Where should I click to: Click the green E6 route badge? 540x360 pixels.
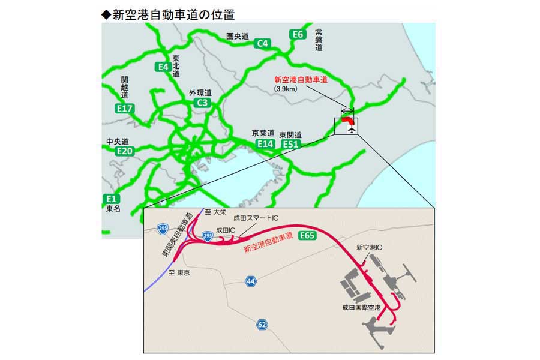(x=298, y=34)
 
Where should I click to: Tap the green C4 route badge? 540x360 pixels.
(x=263, y=44)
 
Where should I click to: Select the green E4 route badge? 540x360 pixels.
(x=162, y=67)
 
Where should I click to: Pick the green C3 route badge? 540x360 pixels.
(x=203, y=103)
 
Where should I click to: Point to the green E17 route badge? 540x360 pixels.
(x=125, y=109)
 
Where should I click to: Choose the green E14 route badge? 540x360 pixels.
(x=265, y=144)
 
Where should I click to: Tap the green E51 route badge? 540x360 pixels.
(x=291, y=144)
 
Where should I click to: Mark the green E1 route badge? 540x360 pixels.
(x=111, y=199)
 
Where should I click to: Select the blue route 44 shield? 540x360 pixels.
(x=250, y=281)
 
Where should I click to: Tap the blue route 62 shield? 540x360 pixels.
(x=262, y=325)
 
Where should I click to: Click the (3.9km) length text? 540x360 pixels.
(x=287, y=89)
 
